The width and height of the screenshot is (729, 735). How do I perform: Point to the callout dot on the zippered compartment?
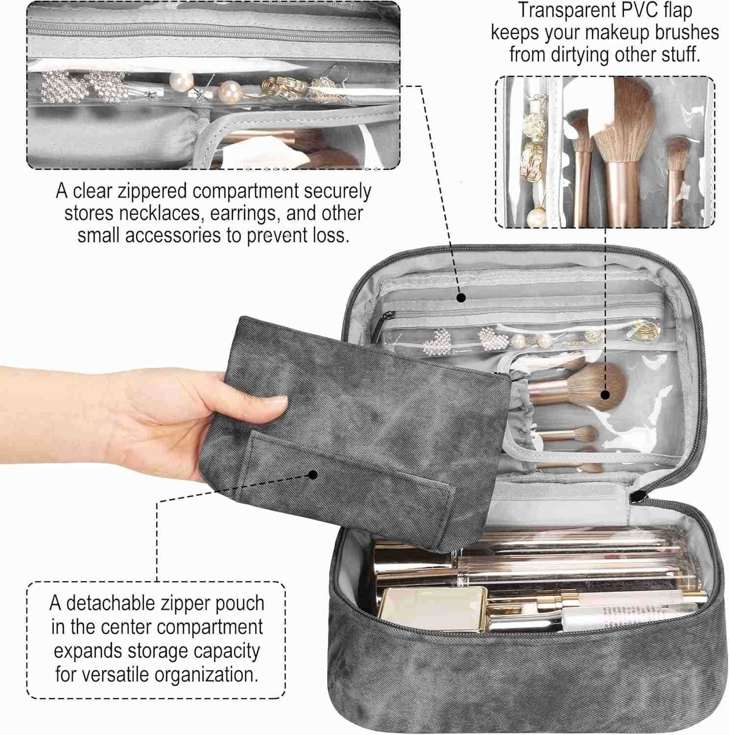[460, 297]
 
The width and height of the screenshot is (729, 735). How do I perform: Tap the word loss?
[330, 236]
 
